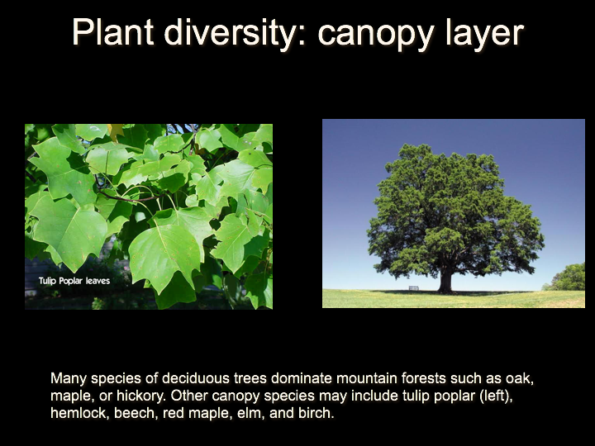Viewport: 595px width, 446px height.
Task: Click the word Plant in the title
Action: [x=112, y=32]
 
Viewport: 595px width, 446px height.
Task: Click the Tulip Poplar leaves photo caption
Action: [x=74, y=281]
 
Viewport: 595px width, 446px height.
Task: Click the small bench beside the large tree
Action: [x=414, y=288]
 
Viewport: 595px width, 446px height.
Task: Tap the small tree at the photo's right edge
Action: [x=568, y=278]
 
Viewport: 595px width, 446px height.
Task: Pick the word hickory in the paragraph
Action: [x=140, y=396]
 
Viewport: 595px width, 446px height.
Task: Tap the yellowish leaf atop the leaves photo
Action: [x=116, y=131]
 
